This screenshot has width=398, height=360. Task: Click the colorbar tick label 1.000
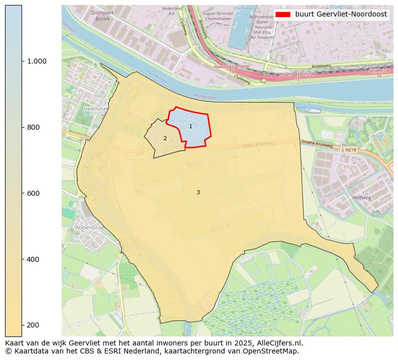pyautogui.click(x=37, y=61)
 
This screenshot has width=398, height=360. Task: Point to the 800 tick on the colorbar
pyautogui.click(x=33, y=127)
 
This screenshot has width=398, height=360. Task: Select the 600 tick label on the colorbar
pyautogui.click(x=33, y=193)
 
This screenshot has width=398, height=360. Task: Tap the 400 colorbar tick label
pyautogui.click(x=33, y=259)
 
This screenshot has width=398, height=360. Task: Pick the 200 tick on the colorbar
pyautogui.click(x=33, y=325)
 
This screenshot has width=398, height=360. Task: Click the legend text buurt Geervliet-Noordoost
pyautogui.click(x=341, y=15)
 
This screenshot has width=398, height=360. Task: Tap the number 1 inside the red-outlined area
pyautogui.click(x=190, y=126)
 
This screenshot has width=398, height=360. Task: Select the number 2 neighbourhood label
pyautogui.click(x=165, y=138)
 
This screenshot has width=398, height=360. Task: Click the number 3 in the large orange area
pyautogui.click(x=198, y=192)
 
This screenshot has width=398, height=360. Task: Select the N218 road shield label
pyautogui.click(x=350, y=150)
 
